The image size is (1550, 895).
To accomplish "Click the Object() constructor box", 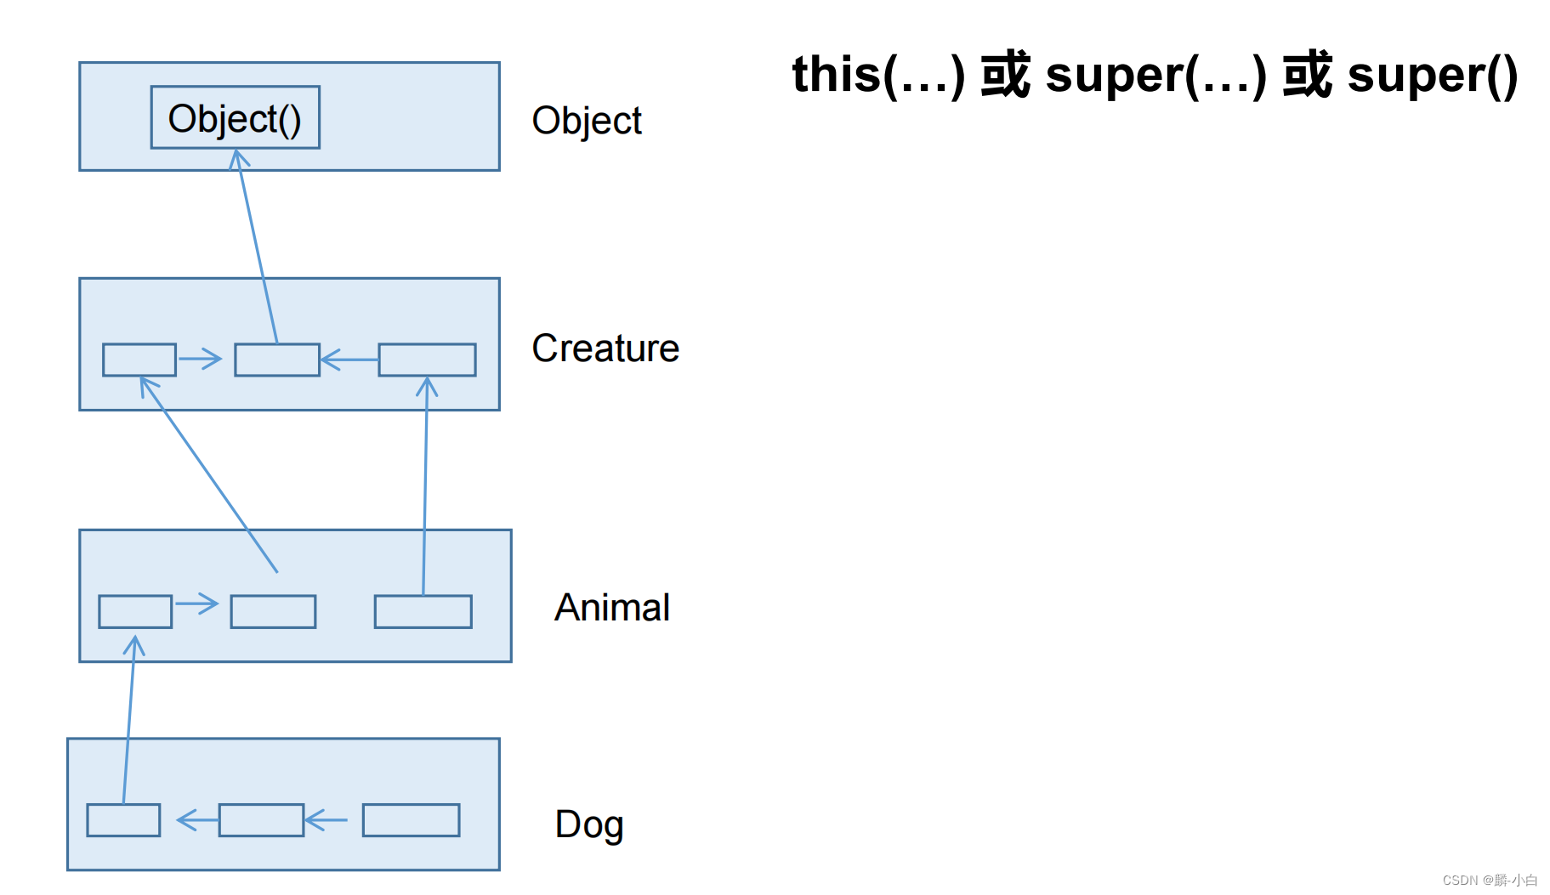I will tap(235, 117).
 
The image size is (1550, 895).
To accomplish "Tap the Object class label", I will tap(586, 121).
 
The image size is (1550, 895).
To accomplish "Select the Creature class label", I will tap(605, 348).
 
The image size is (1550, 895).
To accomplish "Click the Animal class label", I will tap(611, 608).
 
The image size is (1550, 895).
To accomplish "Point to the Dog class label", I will tap(588, 824).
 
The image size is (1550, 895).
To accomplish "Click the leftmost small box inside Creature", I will tap(139, 360).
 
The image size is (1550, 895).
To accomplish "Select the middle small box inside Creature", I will tap(277, 360).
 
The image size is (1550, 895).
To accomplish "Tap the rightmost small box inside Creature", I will tap(427, 360).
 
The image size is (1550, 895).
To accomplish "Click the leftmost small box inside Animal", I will tap(135, 611).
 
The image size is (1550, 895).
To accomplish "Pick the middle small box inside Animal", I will tap(273, 611).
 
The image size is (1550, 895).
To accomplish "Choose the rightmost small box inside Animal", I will tap(423, 611).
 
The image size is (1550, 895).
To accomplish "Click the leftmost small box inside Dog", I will tap(123, 820).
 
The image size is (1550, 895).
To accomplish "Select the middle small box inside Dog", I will tap(261, 820).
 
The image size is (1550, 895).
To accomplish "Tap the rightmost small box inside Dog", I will tap(411, 820).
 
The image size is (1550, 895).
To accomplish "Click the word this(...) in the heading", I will tap(877, 75).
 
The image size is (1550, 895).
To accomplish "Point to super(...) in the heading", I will tap(1155, 75).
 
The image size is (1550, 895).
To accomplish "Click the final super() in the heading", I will tap(1432, 75).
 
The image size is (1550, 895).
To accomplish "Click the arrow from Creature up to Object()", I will tap(258, 246).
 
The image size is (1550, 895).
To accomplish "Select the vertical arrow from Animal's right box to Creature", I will tap(425, 484).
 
